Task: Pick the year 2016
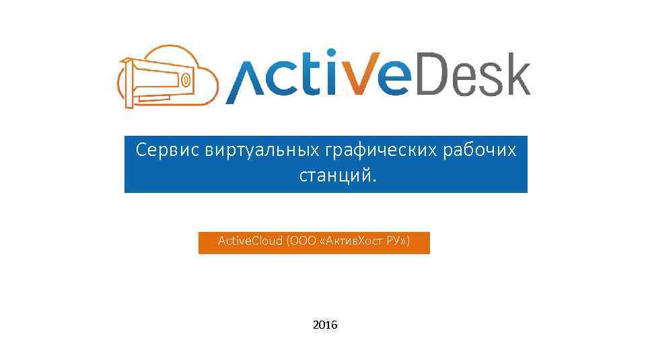pyautogui.click(x=326, y=325)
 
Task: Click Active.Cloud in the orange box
pyautogui.click(x=250, y=241)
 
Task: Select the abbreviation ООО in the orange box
pyautogui.click(x=299, y=241)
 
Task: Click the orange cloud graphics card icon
pyautogui.click(x=166, y=77)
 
